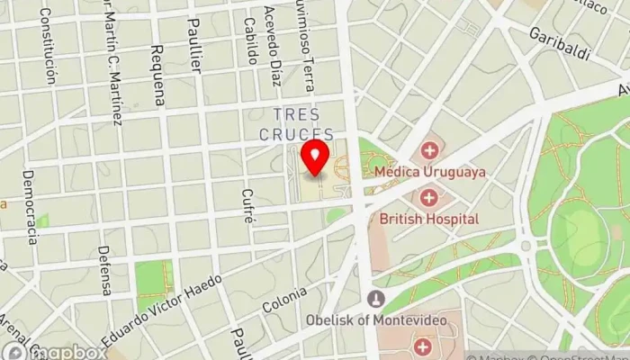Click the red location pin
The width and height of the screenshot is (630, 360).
click(x=315, y=157)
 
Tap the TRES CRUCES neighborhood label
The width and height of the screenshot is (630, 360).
click(x=296, y=124)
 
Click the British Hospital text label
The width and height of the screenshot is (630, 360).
click(x=428, y=218)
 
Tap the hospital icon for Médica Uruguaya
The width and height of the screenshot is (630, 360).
click(x=429, y=150)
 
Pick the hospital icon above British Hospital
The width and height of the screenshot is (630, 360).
click(x=428, y=197)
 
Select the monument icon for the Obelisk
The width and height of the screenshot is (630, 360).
click(x=375, y=299)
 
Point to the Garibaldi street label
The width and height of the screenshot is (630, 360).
click(x=559, y=44)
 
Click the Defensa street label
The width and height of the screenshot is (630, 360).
click(x=105, y=270)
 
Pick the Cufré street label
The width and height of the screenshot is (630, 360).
click(x=248, y=207)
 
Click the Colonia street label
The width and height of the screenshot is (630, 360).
click(x=285, y=300)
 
